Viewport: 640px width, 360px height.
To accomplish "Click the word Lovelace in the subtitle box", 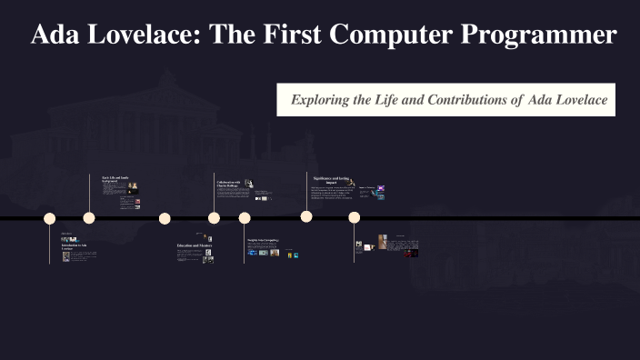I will (x=580, y=98).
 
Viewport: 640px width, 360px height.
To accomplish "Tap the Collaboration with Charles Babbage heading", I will (x=228, y=185).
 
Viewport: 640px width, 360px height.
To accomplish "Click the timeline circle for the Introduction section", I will (x=50, y=218).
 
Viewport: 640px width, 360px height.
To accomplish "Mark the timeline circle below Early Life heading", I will (x=89, y=218).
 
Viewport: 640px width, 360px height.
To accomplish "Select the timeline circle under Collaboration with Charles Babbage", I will (x=214, y=218).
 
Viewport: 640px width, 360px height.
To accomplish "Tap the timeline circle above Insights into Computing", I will (x=245, y=218).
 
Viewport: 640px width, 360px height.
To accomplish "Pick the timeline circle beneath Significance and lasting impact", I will (x=306, y=216).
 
